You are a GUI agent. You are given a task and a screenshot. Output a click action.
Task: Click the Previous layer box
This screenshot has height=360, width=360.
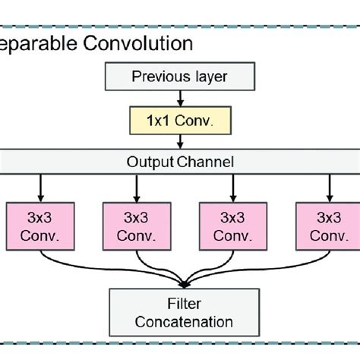pos(180,76)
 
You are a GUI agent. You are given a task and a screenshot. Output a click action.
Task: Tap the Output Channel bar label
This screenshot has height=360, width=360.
pos(180,161)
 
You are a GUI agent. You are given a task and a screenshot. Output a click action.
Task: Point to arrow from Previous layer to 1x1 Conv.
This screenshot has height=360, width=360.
pos(180,96)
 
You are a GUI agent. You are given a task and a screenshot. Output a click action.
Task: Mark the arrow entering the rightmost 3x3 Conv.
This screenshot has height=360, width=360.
pos(328,186)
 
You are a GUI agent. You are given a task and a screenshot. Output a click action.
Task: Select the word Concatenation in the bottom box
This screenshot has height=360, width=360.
pos(180,322)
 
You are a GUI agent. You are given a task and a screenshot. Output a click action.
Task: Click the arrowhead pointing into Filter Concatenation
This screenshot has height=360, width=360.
pos(180,283)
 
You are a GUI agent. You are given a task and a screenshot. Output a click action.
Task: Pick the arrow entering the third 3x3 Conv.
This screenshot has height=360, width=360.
pos(232,186)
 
